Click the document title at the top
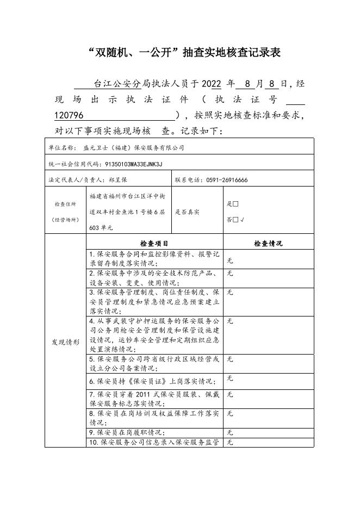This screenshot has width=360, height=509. click(x=179, y=53)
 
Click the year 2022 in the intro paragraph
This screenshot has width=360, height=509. click(x=211, y=84)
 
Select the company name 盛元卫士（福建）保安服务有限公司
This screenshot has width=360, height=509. click(x=134, y=147)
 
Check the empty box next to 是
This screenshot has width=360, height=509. click(x=235, y=204)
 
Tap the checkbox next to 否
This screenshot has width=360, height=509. click(x=235, y=220)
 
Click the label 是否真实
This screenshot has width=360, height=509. click(x=187, y=212)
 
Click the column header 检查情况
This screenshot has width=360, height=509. click(x=268, y=244)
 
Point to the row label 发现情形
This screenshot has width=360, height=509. click(x=66, y=343)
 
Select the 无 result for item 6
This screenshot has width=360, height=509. click(x=230, y=378)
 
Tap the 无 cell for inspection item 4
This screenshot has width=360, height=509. click(x=230, y=321)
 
